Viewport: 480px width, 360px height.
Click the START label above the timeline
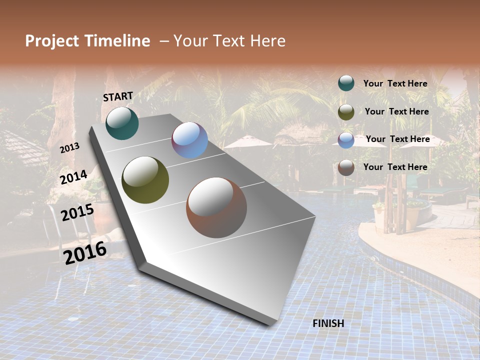tap(118, 96)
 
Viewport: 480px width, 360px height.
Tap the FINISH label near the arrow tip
tap(328, 323)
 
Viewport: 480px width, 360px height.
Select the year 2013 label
tap(69, 148)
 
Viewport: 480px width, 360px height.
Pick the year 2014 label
tap(73, 177)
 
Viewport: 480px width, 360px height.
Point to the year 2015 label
tap(77, 212)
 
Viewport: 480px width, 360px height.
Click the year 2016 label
tap(85, 252)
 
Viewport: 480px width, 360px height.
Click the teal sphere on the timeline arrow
tap(122, 123)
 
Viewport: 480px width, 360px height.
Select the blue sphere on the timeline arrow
tap(190, 140)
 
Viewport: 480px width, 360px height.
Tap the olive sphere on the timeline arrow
tap(145, 180)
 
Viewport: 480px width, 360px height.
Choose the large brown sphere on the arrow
tap(216, 207)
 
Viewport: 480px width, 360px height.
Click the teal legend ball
tap(346, 83)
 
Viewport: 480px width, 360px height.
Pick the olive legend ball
tap(346, 112)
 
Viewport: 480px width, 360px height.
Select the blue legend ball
tap(346, 140)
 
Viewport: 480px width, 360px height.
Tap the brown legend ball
tap(346, 167)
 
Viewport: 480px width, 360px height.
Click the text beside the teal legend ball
tap(395, 83)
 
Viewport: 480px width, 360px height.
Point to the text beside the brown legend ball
tap(395, 167)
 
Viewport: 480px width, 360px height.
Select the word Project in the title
tap(52, 41)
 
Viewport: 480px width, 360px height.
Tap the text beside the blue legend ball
tap(398, 139)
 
